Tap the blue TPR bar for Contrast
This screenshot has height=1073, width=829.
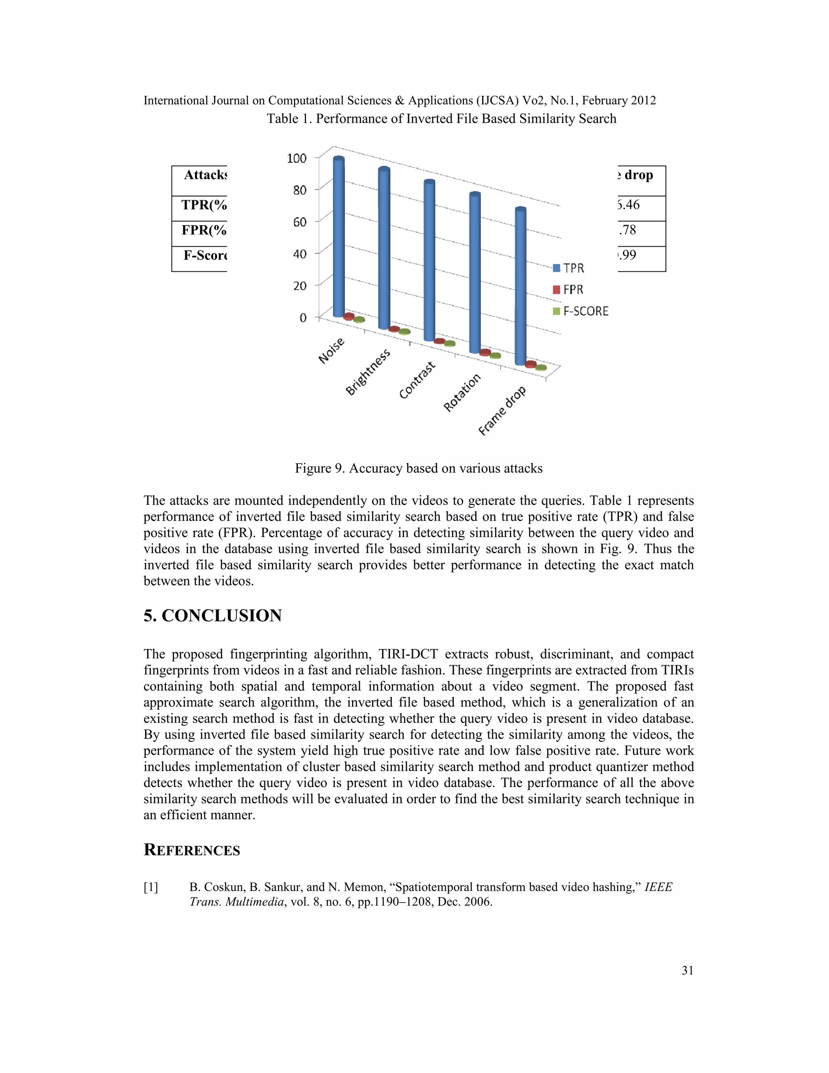pyautogui.click(x=429, y=260)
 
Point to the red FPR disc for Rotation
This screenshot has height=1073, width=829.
pyautogui.click(x=485, y=352)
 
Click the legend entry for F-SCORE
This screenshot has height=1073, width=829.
pyautogui.click(x=580, y=311)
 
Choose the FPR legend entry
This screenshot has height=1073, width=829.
pyautogui.click(x=568, y=290)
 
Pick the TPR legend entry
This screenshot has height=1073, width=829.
pyautogui.click(x=568, y=268)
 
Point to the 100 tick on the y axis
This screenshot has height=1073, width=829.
pyautogui.click(x=296, y=158)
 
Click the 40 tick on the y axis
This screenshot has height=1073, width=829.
pyautogui.click(x=299, y=254)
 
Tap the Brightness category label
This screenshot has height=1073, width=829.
pyautogui.click(x=368, y=372)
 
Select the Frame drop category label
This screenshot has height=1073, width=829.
pyautogui.click(x=502, y=411)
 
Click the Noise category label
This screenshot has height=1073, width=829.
pyautogui.click(x=332, y=351)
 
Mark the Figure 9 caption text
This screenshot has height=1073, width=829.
pyautogui.click(x=419, y=468)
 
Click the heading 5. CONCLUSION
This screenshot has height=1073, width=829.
pyautogui.click(x=213, y=615)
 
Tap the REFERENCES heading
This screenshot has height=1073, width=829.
pyautogui.click(x=191, y=849)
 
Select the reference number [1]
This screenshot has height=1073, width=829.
pyautogui.click(x=151, y=887)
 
